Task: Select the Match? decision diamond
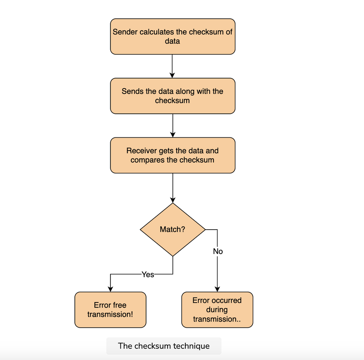[173, 230]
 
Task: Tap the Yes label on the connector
[148, 274]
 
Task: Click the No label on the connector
[218, 251]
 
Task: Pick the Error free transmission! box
[110, 310]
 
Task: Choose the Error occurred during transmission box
[217, 310]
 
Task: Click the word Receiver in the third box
[141, 151]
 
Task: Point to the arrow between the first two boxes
[172, 66]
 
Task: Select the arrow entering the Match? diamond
[173, 188]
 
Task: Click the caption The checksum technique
[164, 346]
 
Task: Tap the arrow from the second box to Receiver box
[173, 126]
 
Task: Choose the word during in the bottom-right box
[217, 310]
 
